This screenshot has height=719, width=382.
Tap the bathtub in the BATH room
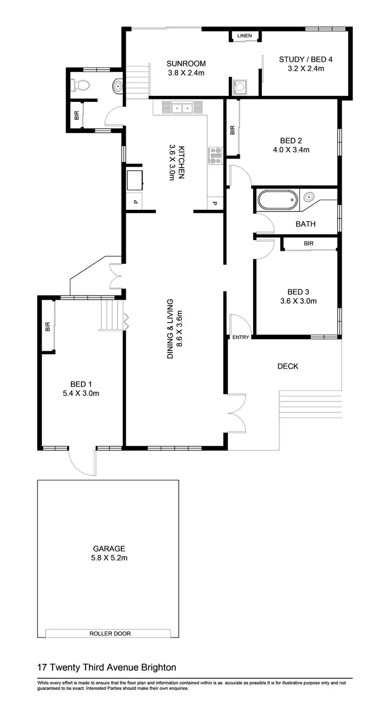click(277, 200)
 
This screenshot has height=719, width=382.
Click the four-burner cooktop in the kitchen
click(215, 155)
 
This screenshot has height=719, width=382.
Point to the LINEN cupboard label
click(244, 36)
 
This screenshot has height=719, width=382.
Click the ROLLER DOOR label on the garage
click(110, 633)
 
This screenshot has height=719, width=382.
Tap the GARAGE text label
click(109, 549)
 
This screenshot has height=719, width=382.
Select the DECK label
click(288, 366)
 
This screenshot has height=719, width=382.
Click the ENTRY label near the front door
click(240, 337)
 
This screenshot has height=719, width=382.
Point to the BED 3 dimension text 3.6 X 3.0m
click(298, 301)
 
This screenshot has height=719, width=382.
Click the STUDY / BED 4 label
click(302, 60)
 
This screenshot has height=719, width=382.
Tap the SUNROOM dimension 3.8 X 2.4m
click(186, 73)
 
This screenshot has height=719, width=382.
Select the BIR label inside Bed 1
click(48, 326)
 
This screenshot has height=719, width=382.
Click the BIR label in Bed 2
click(233, 130)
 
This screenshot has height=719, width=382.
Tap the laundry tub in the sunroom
click(239, 86)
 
